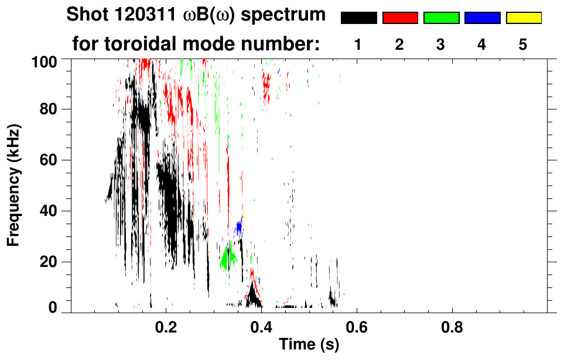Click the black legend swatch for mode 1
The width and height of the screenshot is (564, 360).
(359, 18)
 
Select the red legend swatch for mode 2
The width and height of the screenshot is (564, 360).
(400, 18)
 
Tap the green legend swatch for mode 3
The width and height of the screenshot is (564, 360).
(441, 18)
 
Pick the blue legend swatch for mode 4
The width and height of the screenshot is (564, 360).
(482, 18)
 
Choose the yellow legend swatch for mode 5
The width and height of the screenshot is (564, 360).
(523, 18)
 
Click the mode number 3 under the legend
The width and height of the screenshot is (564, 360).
(441, 44)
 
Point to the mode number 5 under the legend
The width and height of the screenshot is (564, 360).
(523, 44)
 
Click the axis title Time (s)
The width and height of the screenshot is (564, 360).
(309, 345)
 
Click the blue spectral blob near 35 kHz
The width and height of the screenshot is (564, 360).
(239, 227)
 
